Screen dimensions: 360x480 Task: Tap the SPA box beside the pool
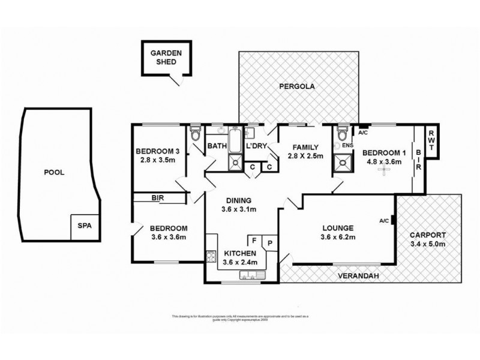tap(81, 226)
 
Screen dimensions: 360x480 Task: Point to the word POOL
tap(53, 172)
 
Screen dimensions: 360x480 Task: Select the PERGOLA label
tap(297, 87)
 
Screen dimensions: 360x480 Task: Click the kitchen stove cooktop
tap(211, 258)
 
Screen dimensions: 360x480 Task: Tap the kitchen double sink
tap(248, 275)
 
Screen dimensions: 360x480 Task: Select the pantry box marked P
tap(270, 243)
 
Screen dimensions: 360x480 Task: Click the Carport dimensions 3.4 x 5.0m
tap(428, 244)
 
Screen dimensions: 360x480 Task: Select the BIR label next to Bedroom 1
tap(419, 160)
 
